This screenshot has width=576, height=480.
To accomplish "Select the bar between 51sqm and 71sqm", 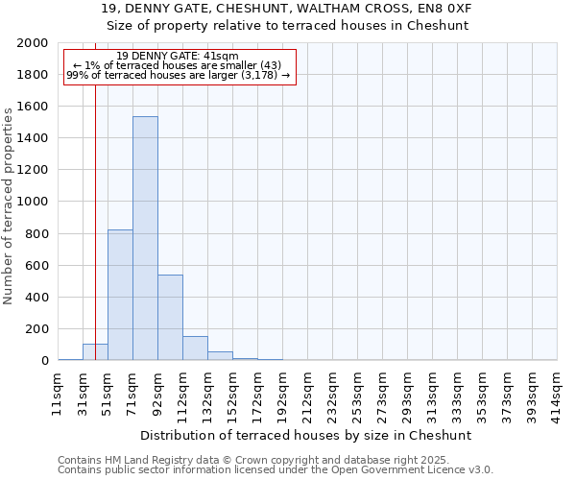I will pos(120,295).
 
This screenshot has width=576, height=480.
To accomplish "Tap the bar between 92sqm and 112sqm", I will pos(170,317).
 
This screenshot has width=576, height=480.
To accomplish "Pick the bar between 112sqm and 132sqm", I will pos(195,348).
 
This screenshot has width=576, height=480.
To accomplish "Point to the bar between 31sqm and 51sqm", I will pos(95,351).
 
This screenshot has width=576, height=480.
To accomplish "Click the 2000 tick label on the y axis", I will pos(33,43).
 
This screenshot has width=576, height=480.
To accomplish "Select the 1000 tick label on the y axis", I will pos(33,202).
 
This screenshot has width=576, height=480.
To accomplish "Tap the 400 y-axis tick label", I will pos(37,298).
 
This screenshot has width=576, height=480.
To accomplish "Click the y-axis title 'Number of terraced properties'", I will pos(9,205).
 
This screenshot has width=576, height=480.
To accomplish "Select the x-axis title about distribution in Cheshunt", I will pos(306,435).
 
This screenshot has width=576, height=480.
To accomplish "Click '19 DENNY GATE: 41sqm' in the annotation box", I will pos(178,57).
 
